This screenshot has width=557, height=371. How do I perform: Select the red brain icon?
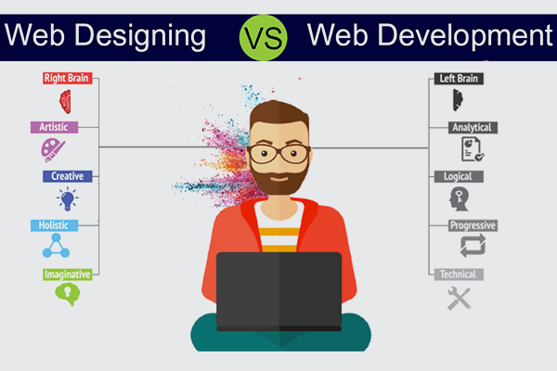[x=66, y=99]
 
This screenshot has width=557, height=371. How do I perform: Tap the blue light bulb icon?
[x=67, y=198]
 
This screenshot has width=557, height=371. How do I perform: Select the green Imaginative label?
[x=69, y=274]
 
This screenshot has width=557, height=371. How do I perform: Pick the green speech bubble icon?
[x=65, y=294]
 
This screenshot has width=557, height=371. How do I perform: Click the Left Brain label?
[x=458, y=79]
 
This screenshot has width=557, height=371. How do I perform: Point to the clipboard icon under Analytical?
[x=473, y=148]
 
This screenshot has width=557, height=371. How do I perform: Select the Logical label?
[x=457, y=175]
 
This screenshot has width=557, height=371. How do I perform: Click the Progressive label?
[x=473, y=224]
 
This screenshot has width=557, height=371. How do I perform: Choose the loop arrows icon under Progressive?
[x=473, y=247]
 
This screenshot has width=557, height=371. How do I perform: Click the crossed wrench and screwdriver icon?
[x=459, y=298]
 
